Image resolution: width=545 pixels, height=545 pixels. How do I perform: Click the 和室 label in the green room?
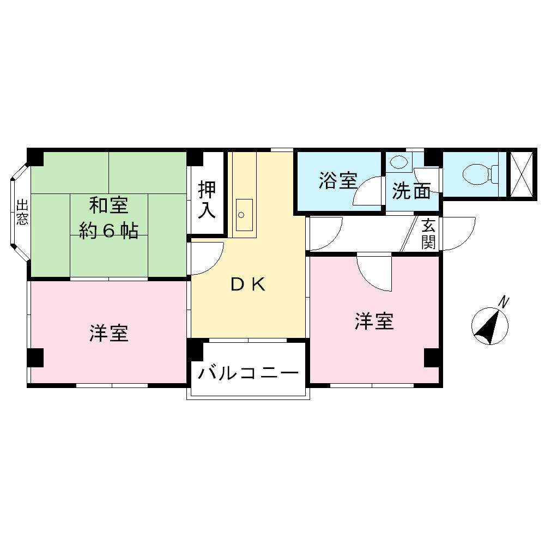(x=109, y=205)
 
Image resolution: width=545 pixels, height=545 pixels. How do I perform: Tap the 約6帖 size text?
(x=108, y=232)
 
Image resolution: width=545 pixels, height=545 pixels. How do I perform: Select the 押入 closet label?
(x=207, y=199)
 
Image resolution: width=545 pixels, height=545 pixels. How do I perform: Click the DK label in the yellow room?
(x=248, y=284)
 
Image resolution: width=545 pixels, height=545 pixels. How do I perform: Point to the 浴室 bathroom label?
(x=338, y=180)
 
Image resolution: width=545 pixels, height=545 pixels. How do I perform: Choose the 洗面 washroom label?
(x=411, y=191)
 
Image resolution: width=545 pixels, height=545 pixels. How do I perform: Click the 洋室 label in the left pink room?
(x=109, y=332)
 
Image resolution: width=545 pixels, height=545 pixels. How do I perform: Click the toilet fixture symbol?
(x=478, y=174)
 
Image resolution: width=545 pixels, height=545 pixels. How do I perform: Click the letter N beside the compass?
(x=505, y=301)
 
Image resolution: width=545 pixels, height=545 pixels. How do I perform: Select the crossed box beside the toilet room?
(x=522, y=174)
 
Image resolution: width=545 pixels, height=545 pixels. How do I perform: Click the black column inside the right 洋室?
(x=432, y=357)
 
